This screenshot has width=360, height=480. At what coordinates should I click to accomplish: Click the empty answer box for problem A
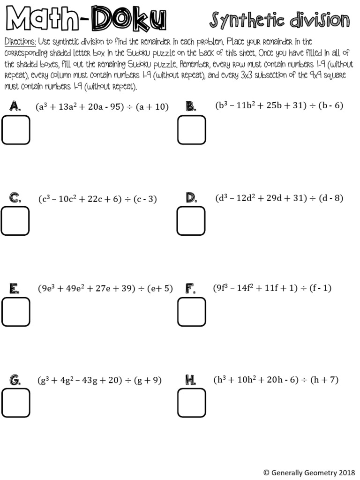(x=15, y=130)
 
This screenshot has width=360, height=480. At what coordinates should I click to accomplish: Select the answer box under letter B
(x=191, y=130)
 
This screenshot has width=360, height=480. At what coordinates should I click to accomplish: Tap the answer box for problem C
(x=15, y=221)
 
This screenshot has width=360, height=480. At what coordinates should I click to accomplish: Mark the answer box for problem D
(x=191, y=220)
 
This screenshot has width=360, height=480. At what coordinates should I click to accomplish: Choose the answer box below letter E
(x=15, y=312)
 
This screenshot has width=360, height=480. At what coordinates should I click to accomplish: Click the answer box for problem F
(x=191, y=312)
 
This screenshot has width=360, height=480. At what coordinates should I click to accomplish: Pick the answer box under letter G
(x=15, y=403)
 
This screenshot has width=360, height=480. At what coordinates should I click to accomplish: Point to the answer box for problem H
(x=191, y=403)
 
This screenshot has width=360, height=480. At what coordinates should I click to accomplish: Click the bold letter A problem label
(x=15, y=107)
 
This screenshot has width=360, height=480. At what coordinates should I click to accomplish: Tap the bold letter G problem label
(x=15, y=380)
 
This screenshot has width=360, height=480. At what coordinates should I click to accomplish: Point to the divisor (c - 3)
(x=145, y=199)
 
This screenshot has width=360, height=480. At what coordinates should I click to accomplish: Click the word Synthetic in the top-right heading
(x=247, y=21)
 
